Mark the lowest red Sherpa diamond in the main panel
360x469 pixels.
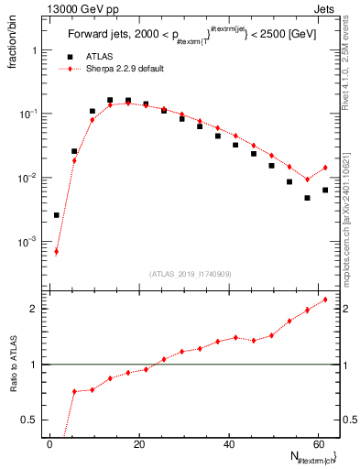click(x=56, y=251)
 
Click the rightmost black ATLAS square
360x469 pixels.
click(x=325, y=190)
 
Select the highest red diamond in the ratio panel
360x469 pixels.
click(x=325, y=300)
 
